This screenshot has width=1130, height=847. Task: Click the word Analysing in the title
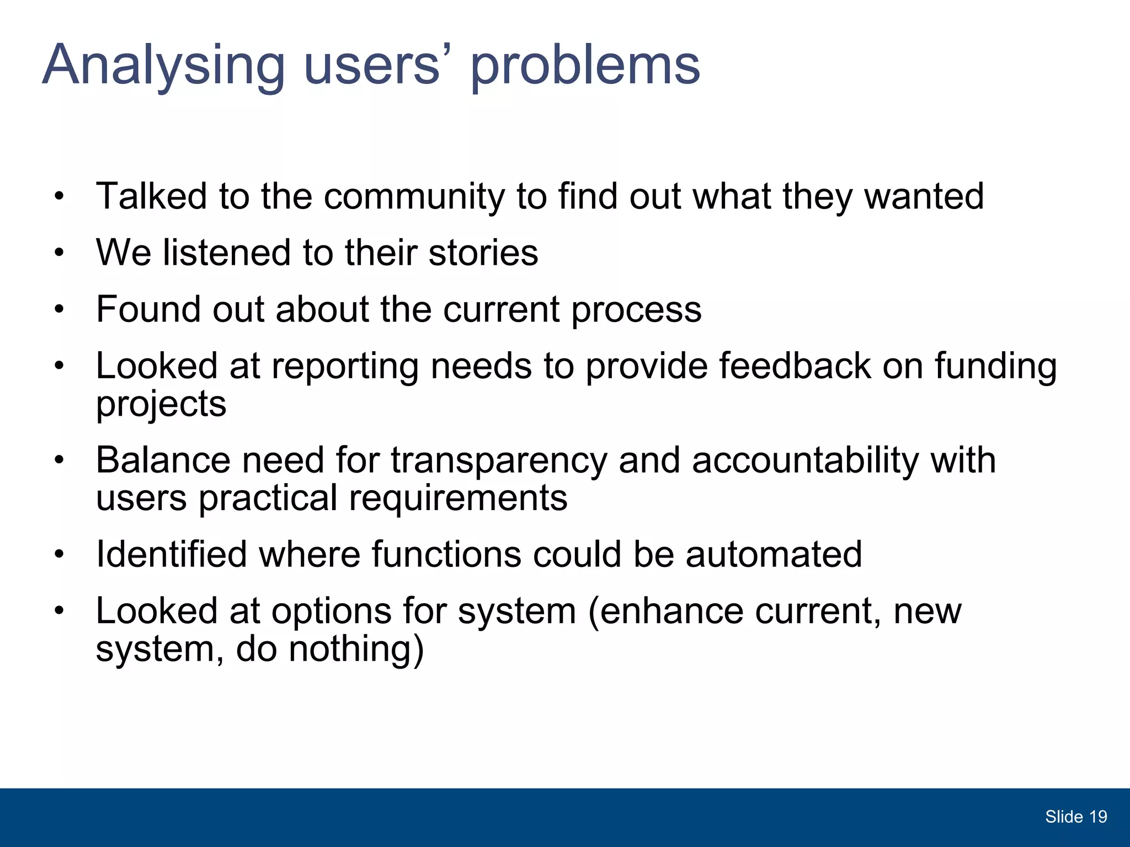pyautogui.click(x=163, y=66)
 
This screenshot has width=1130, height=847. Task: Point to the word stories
pyautogui.click(x=483, y=253)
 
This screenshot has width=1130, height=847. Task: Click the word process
pyautogui.click(x=636, y=310)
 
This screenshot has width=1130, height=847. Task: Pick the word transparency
pyautogui.click(x=499, y=461)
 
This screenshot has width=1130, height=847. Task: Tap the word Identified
pyautogui.click(x=171, y=554)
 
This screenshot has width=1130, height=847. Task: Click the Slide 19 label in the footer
pyautogui.click(x=1075, y=817)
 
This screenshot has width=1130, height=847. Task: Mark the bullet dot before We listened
pyautogui.click(x=60, y=254)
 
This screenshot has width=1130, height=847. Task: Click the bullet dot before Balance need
pyautogui.click(x=60, y=460)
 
